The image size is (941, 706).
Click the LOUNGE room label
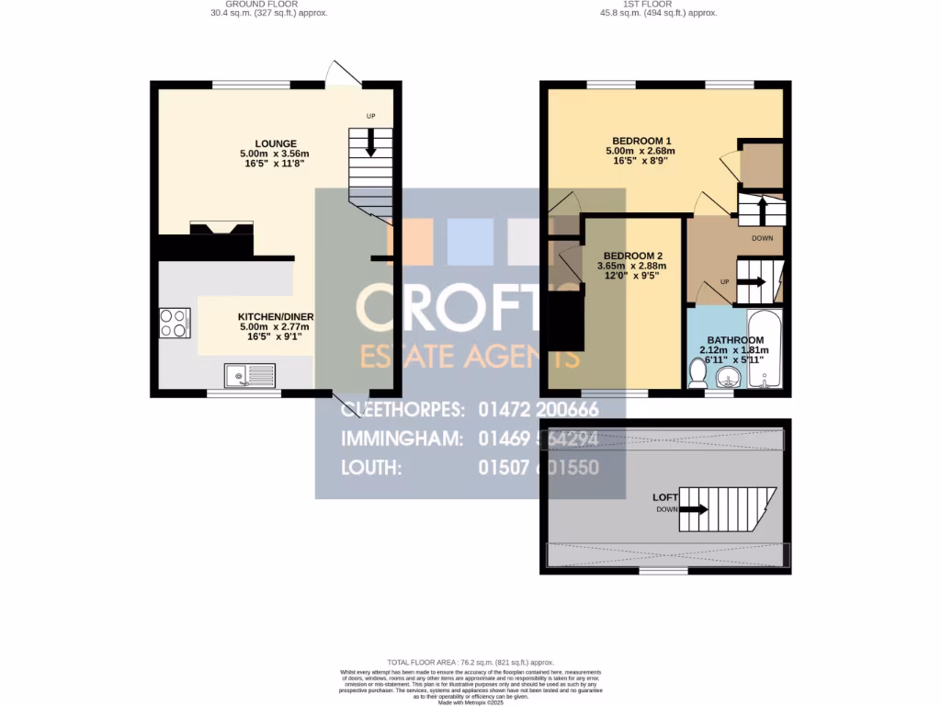click(x=276, y=143)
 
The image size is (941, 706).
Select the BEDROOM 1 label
click(x=641, y=141)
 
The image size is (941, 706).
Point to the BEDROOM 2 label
click(x=632, y=256)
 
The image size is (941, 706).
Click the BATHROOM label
click(x=735, y=340)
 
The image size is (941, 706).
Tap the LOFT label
click(x=665, y=497)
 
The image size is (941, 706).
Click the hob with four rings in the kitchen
click(x=175, y=323)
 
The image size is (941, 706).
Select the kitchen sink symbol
click(x=249, y=375)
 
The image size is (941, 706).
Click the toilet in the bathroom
click(x=697, y=373)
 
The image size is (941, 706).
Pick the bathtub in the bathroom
click(x=765, y=352)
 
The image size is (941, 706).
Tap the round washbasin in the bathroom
click(x=731, y=377)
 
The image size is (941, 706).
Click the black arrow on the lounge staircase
click(x=371, y=142)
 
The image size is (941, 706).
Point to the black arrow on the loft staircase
click(x=695, y=508)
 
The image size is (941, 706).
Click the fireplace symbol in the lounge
click(x=221, y=231)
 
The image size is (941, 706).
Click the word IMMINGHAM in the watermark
click(x=402, y=438)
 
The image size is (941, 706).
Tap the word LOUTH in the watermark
click(x=371, y=468)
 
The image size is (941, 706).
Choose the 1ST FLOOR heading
click(x=658, y=5)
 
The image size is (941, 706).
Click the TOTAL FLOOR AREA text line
click(x=470, y=662)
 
